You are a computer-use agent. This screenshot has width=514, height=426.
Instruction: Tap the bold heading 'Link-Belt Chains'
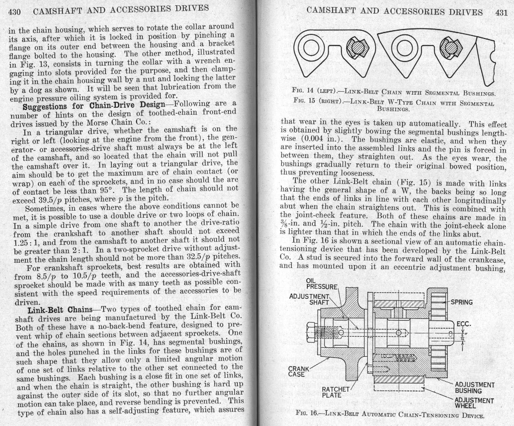[60, 310]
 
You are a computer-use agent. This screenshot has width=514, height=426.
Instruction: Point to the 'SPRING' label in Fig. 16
[462, 302]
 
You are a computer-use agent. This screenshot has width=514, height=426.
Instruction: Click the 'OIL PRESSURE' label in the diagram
[322, 284]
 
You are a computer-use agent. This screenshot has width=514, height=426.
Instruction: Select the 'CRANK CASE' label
[298, 372]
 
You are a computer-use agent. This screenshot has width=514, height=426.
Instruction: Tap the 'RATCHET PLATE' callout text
[335, 392]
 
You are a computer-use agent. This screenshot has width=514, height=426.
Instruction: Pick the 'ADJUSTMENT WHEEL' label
[474, 403]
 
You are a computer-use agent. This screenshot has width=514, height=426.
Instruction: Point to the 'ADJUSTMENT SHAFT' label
[310, 299]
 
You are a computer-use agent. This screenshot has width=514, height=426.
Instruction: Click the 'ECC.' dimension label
[464, 324]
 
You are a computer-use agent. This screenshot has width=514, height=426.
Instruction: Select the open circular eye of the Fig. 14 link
[311, 47]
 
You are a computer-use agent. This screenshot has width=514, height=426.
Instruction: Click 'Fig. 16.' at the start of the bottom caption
[307, 413]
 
